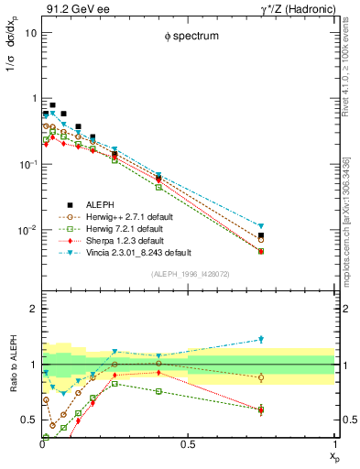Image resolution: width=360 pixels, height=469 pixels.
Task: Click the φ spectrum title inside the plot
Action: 188,38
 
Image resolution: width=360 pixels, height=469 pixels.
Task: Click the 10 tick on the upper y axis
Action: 30,32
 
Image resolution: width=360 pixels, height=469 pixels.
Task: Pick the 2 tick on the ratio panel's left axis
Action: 33,309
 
